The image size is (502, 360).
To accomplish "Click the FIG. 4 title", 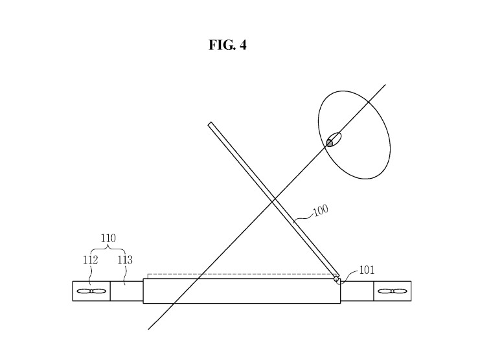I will point(227,45).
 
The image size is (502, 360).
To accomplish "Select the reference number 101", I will point(366,271).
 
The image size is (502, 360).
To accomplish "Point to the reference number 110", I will point(108,238).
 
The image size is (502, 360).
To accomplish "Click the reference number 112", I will point(90,260).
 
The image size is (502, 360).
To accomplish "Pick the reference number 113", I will point(124,260).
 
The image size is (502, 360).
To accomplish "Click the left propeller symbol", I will point(91,291).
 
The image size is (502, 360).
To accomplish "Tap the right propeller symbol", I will point(392,291).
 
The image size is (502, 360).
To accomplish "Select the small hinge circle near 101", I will point(337,280).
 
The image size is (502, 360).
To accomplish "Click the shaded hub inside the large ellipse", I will point(333,141).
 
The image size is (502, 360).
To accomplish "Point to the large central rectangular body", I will point(241,291).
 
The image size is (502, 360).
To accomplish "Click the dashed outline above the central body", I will point(240,275).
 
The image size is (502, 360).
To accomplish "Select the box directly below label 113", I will point(126,291).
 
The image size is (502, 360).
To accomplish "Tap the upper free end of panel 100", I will point(211,124).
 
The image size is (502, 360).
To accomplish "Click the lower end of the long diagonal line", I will point(150,328).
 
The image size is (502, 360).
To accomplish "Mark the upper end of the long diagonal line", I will point(385,85).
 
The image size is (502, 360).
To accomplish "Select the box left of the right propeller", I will point(358,291).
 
